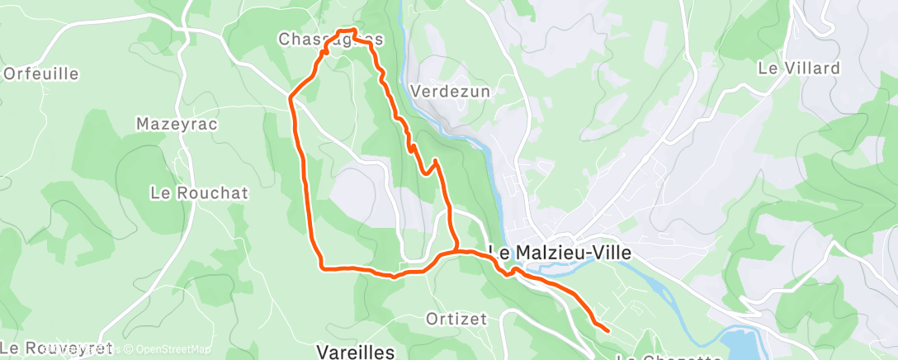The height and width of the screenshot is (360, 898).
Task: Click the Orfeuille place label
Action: [x=41, y=73]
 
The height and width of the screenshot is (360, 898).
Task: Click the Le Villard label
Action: [x=798, y=69]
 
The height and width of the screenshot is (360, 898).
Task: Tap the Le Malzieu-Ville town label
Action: [x=560, y=253]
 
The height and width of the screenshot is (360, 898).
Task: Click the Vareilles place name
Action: [x=356, y=351]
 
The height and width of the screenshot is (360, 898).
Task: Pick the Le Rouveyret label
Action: [x=57, y=348]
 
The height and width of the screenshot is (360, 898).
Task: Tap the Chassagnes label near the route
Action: [x=330, y=39]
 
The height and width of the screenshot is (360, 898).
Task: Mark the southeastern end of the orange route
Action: [x=608, y=330]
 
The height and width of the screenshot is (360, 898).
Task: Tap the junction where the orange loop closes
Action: [x=456, y=250]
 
